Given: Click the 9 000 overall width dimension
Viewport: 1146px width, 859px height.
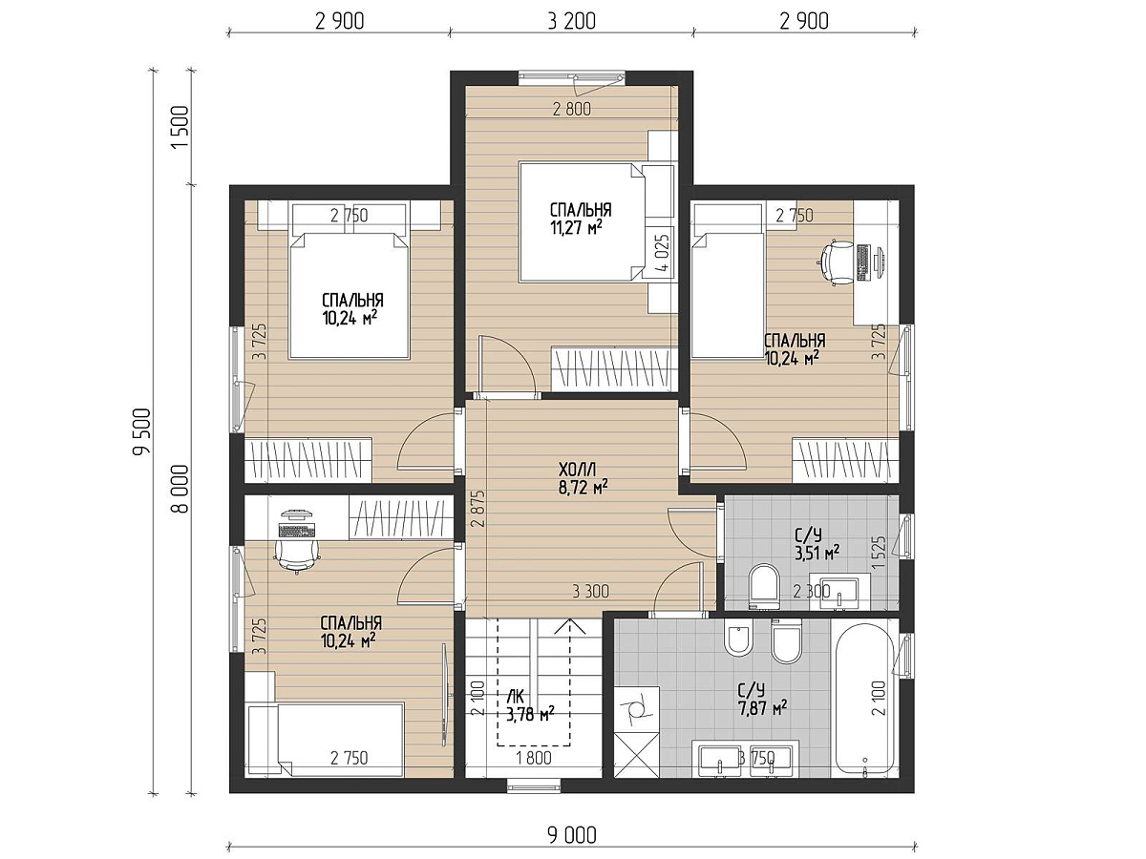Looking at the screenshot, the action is click(x=572, y=835).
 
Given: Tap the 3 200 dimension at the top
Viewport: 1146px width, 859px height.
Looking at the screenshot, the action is click(x=572, y=21).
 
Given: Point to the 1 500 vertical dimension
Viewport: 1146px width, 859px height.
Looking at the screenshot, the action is click(x=180, y=128).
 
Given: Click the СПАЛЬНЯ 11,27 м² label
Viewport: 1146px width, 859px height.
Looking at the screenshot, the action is click(x=581, y=219).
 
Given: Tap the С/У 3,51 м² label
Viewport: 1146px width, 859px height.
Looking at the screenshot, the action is click(x=817, y=544).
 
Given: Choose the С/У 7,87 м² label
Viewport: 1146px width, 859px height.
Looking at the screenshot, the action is click(x=762, y=700).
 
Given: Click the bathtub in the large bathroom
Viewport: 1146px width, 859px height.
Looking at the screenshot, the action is click(x=865, y=698).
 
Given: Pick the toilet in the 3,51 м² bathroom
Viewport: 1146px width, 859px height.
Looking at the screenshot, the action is click(x=763, y=586).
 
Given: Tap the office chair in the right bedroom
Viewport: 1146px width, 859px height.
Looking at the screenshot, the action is click(x=837, y=262).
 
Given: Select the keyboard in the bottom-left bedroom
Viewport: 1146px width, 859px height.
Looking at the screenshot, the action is click(x=298, y=531).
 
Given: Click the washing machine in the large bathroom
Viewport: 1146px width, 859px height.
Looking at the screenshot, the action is click(x=636, y=709).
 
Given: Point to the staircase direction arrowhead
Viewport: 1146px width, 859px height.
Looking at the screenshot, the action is click(x=569, y=626).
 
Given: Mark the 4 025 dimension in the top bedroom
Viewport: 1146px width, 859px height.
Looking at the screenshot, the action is click(x=662, y=252).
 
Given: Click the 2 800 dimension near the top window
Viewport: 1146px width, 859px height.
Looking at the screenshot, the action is click(x=572, y=110).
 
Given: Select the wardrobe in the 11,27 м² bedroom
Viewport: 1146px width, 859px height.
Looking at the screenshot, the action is click(x=615, y=368).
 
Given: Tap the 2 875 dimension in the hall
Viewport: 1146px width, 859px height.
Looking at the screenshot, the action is click(x=480, y=509).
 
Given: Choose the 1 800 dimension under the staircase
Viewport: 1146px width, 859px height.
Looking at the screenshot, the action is click(x=535, y=758).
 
